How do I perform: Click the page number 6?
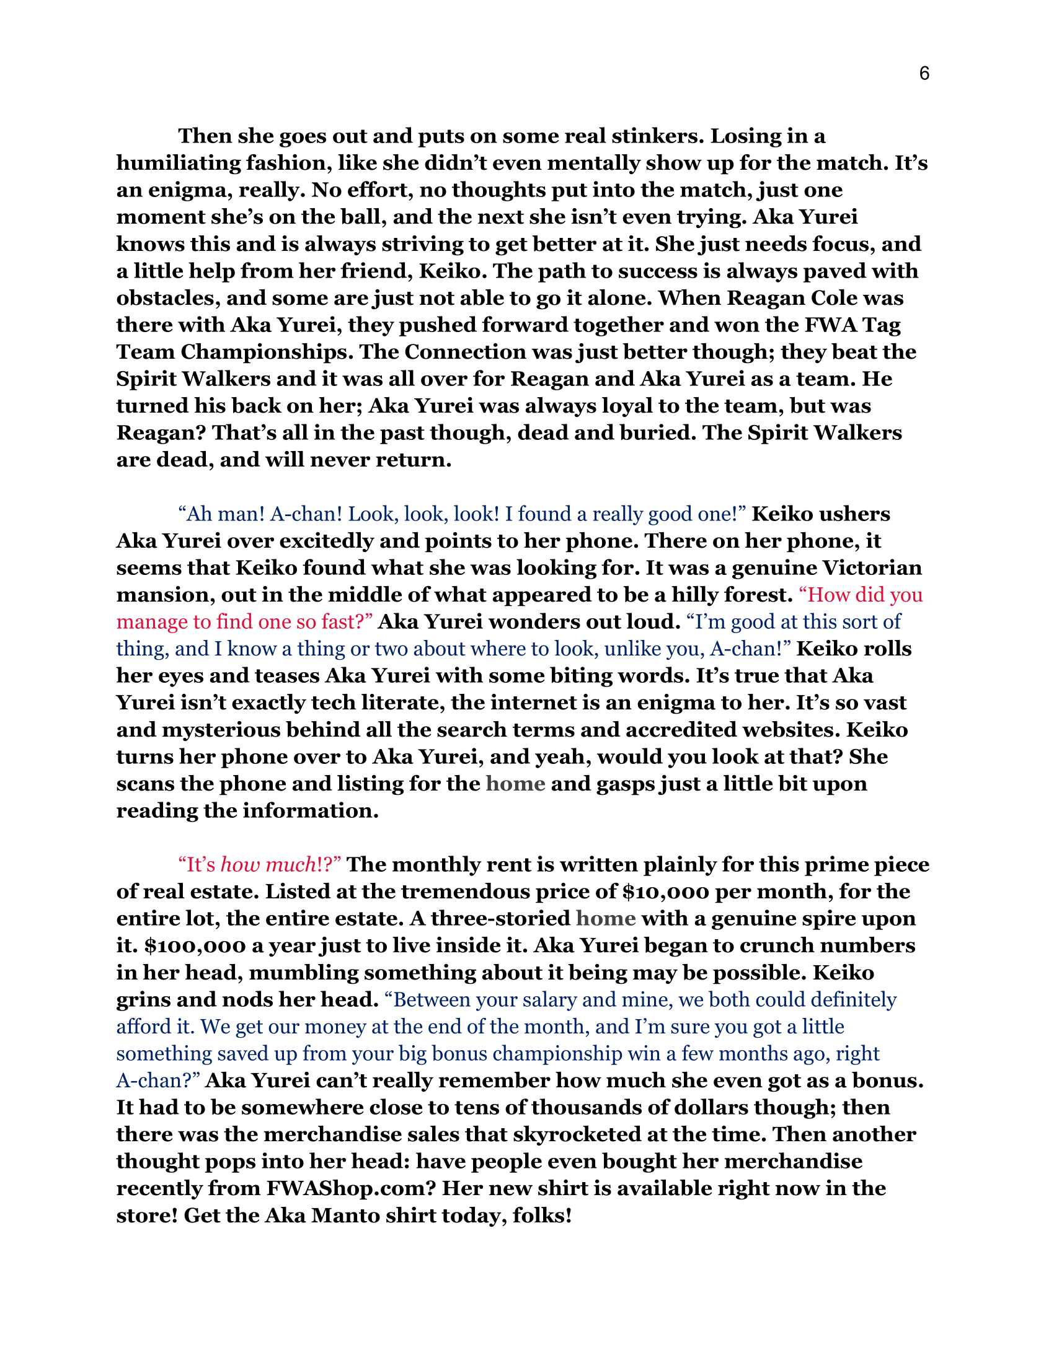[x=924, y=74]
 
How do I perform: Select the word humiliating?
[x=178, y=163]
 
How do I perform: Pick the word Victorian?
[x=872, y=568]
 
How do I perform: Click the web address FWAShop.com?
[x=350, y=1188]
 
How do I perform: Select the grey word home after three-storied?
[x=606, y=919]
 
